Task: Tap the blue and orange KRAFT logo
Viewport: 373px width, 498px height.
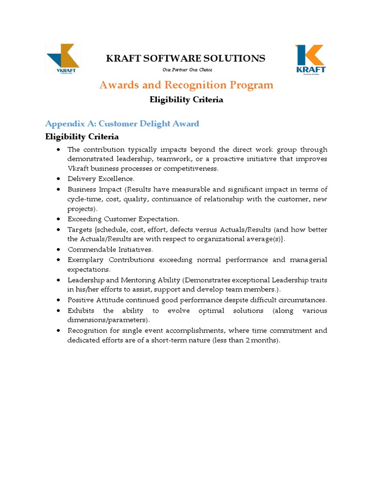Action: click(x=311, y=58)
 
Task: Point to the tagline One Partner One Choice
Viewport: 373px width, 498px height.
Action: click(x=186, y=70)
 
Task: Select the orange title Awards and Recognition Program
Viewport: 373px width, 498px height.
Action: click(x=186, y=85)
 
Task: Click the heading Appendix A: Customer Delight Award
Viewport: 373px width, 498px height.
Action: click(x=122, y=124)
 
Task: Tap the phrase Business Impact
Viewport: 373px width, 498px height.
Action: click(x=93, y=189)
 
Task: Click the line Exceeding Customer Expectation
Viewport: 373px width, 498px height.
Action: click(x=123, y=219)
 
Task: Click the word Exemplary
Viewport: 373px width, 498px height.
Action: click(x=85, y=260)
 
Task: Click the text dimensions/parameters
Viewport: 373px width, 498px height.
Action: click(x=108, y=320)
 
